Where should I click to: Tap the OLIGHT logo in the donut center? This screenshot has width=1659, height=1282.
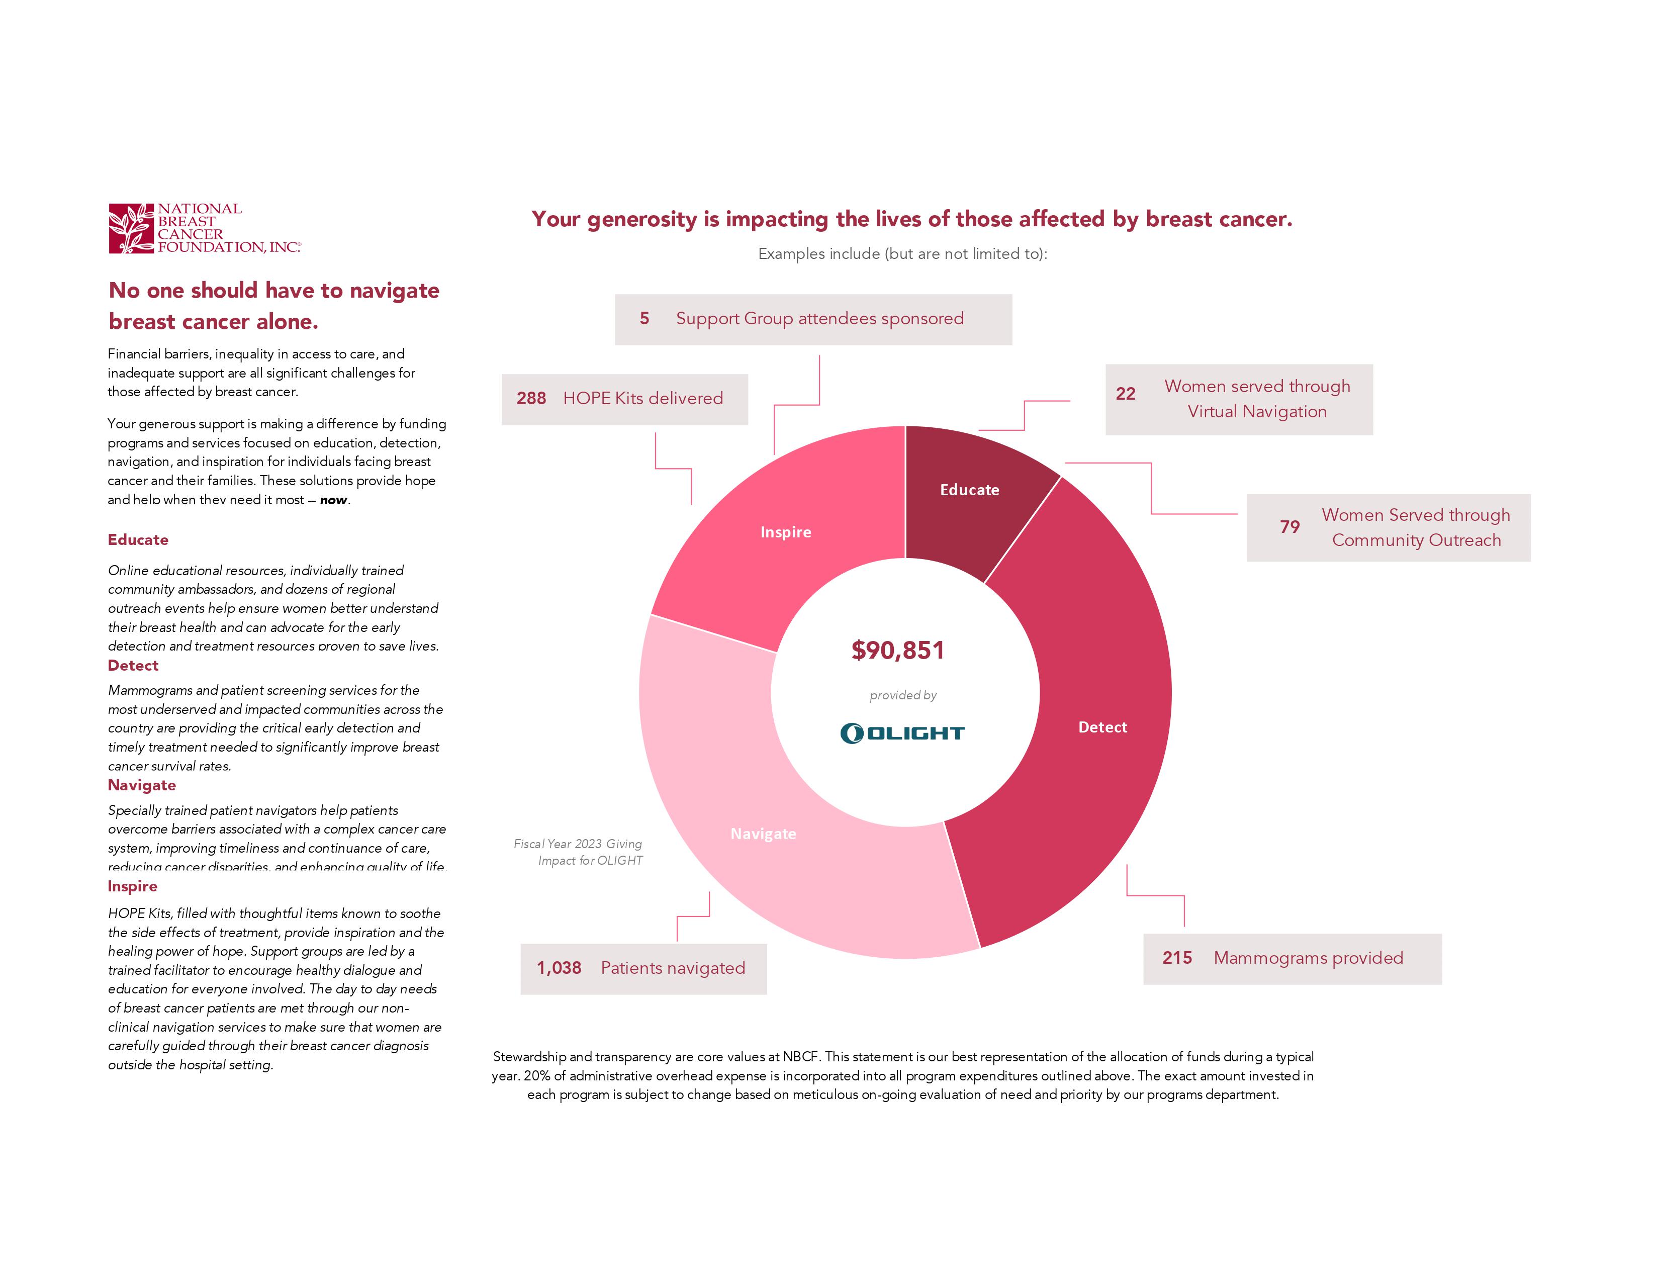point(902,733)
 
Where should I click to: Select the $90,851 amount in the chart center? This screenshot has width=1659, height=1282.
point(898,650)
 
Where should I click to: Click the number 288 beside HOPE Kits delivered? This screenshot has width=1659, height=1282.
point(531,399)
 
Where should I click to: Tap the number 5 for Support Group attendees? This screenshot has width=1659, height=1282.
point(644,319)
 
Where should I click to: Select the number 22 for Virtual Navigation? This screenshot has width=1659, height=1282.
point(1125,394)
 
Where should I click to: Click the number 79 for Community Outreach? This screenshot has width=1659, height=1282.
point(1289,527)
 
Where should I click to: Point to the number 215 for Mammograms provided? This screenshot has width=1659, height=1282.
point(1177,958)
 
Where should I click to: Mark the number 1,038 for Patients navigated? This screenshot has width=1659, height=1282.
point(559,968)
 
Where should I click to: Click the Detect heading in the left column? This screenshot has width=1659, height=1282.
point(133,665)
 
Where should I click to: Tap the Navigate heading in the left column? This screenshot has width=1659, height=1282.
point(141,785)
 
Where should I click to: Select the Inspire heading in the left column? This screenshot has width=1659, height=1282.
point(132,886)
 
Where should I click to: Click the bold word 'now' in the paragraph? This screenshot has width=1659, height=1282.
point(333,500)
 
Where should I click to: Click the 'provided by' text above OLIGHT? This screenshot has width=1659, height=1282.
point(902,695)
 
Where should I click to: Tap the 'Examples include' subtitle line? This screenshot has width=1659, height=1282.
point(902,254)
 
